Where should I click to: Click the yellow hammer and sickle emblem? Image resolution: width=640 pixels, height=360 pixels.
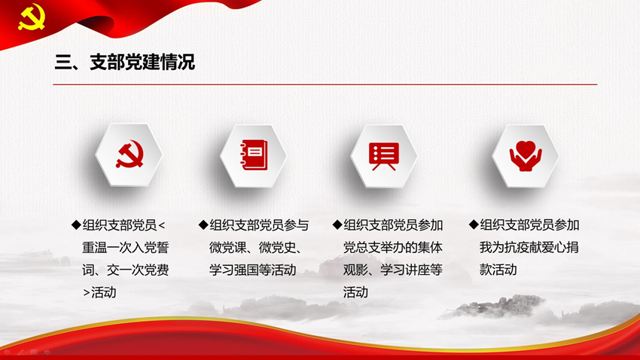click(x=32, y=17)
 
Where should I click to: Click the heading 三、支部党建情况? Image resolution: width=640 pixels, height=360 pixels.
click(x=125, y=62)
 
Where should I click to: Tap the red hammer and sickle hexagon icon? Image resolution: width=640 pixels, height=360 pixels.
click(x=130, y=154)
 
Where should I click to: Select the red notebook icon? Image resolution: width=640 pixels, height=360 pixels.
click(x=254, y=154)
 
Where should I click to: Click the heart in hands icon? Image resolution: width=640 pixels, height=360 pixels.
click(x=526, y=155)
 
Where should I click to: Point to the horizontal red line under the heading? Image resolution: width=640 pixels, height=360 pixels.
click(x=325, y=84)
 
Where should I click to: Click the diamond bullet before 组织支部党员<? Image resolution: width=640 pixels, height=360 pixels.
click(x=76, y=224)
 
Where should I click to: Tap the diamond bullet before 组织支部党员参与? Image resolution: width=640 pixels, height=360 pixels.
click(x=203, y=224)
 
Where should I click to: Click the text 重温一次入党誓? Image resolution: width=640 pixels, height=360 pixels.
click(x=125, y=247)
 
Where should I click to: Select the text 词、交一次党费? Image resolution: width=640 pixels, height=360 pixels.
click(x=125, y=270)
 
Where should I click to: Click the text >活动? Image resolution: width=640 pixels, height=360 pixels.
click(x=99, y=292)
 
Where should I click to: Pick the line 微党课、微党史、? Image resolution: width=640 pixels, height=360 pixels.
click(x=256, y=247)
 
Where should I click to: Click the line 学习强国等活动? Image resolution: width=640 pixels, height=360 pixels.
click(x=253, y=270)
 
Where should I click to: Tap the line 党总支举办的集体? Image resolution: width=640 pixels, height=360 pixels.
click(x=392, y=247)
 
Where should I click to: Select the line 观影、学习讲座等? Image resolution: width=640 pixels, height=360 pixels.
click(x=392, y=270)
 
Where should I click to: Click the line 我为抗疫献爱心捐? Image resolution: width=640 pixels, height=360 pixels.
click(x=529, y=247)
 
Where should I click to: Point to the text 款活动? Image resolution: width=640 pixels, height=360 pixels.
click(x=498, y=270)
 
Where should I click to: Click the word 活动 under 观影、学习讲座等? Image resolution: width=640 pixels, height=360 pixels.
click(x=355, y=292)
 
